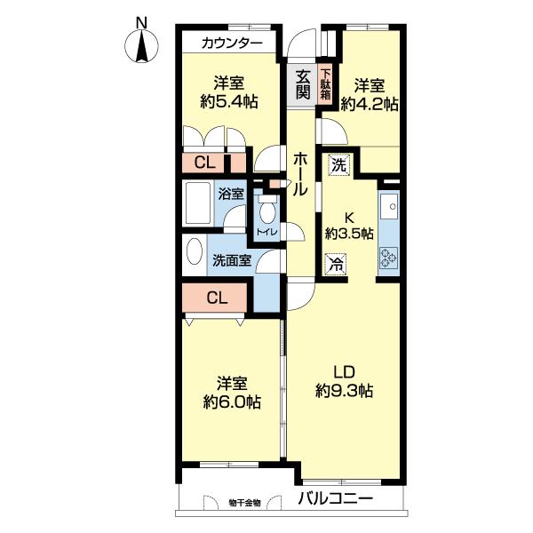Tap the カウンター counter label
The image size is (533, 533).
pyautogui.click(x=232, y=44)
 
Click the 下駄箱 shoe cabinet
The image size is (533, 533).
pyautogui.click(x=326, y=84)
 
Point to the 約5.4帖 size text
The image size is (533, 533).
pyautogui.click(x=229, y=101)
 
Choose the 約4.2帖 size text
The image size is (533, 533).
pyautogui.click(x=370, y=104)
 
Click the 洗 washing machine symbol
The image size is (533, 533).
pyautogui.click(x=339, y=165)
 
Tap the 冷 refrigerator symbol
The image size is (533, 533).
pyautogui.click(x=336, y=264)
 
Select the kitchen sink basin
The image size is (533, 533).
pyautogui.click(x=389, y=206)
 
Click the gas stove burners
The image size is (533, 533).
pyautogui.click(x=389, y=258)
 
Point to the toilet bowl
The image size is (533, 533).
pyautogui.click(x=268, y=210)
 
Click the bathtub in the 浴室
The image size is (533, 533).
pyautogui.click(x=198, y=203)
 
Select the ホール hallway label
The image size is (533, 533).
pyautogui.click(x=300, y=174)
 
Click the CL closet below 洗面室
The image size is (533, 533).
pyautogui.click(x=214, y=298)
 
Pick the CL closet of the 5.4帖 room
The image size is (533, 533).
pyautogui.click(x=214, y=163)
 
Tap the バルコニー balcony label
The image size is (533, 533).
pyautogui.click(x=336, y=498)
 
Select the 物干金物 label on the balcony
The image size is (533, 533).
pyautogui.click(x=245, y=503)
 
